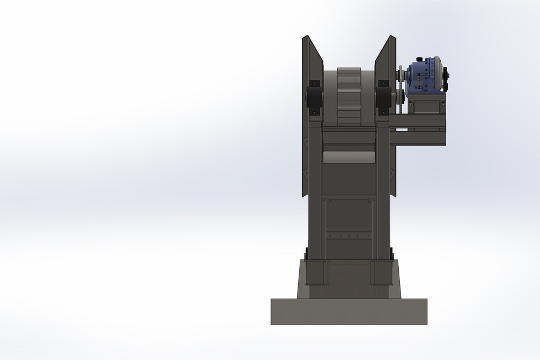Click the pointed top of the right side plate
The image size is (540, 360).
click(392, 38)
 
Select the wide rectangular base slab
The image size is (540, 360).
click(349, 311)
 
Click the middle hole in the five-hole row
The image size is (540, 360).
click(349, 236)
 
